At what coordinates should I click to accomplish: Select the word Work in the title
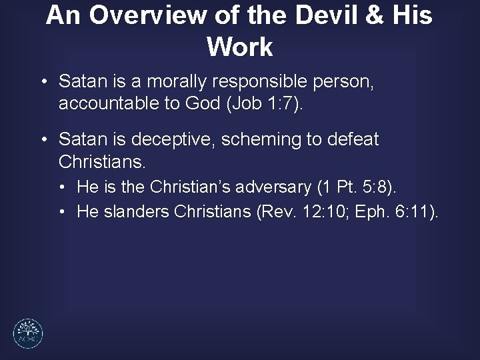[x=239, y=47]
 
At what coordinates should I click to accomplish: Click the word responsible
[x=263, y=83]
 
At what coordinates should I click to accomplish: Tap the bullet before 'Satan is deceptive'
[x=43, y=140]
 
